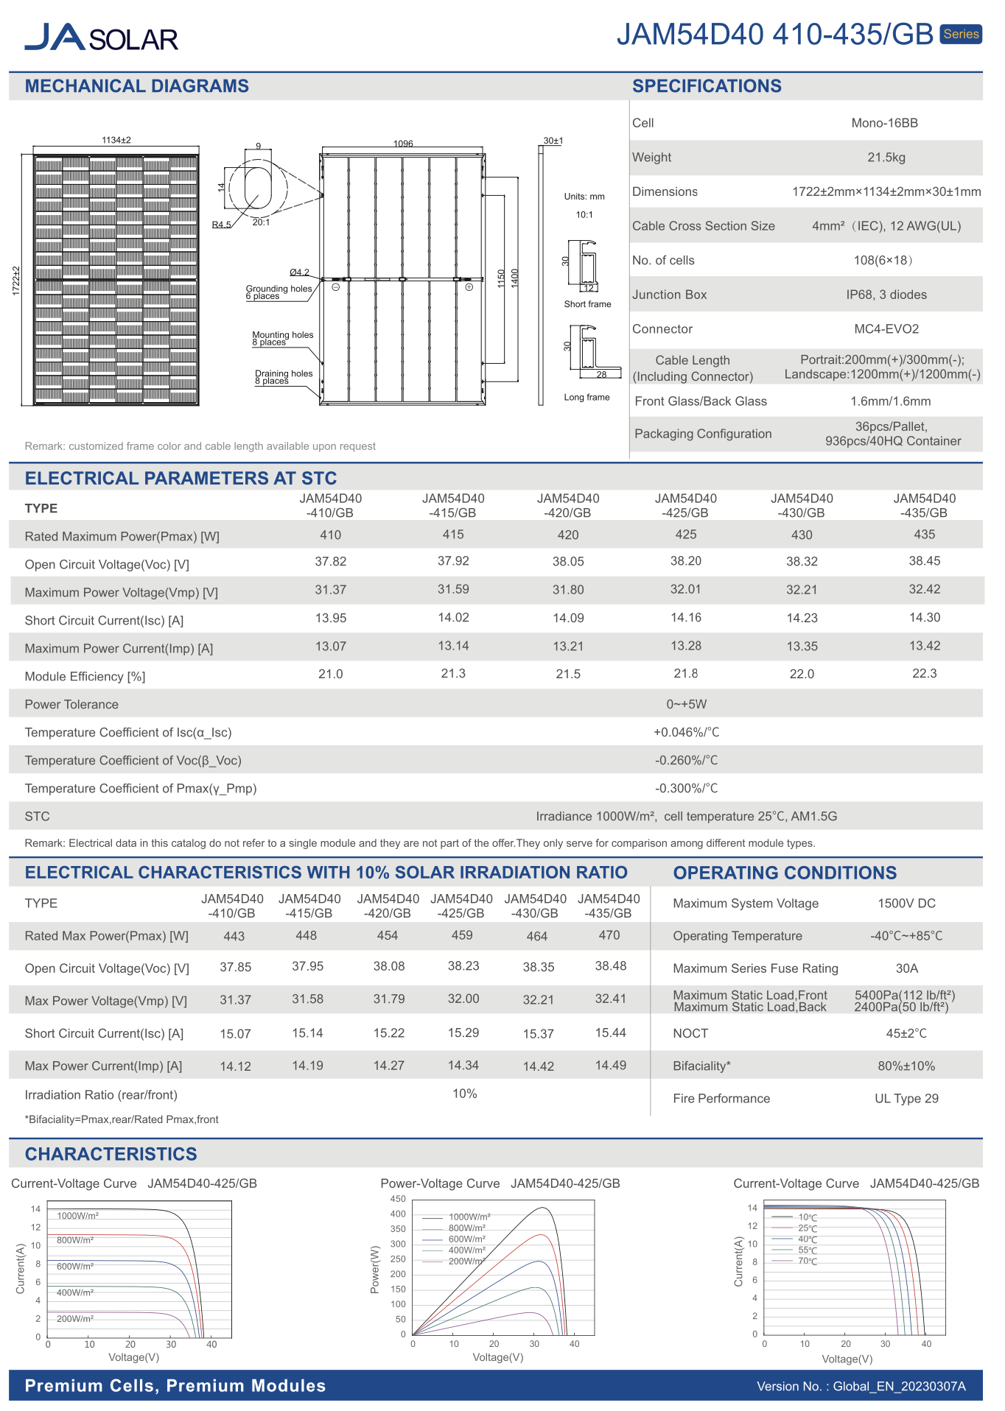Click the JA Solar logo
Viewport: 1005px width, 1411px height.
[101, 37]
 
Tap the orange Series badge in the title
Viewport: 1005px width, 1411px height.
[961, 34]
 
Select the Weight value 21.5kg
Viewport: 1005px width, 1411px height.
[886, 158]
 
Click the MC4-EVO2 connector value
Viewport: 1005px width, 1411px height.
[886, 329]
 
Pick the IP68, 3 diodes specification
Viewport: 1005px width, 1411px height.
[886, 295]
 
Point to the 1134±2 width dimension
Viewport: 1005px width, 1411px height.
[116, 140]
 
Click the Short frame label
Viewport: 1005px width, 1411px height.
[587, 304]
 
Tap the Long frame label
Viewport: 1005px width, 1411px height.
[586, 398]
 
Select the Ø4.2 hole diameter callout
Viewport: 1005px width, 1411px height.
[299, 272]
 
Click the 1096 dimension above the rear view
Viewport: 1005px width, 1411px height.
[403, 144]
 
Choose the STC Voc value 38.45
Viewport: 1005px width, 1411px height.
[924, 561]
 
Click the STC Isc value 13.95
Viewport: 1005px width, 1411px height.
[330, 618]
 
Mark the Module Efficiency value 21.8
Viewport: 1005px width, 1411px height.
[685, 674]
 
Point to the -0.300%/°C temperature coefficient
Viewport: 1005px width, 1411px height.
[686, 788]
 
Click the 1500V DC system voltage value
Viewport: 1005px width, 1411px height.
[906, 904]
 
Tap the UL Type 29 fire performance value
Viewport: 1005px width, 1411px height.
[906, 1099]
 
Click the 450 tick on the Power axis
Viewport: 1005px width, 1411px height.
[398, 1199]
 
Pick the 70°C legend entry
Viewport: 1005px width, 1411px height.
[808, 1262]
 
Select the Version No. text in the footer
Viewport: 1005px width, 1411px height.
[861, 1387]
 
